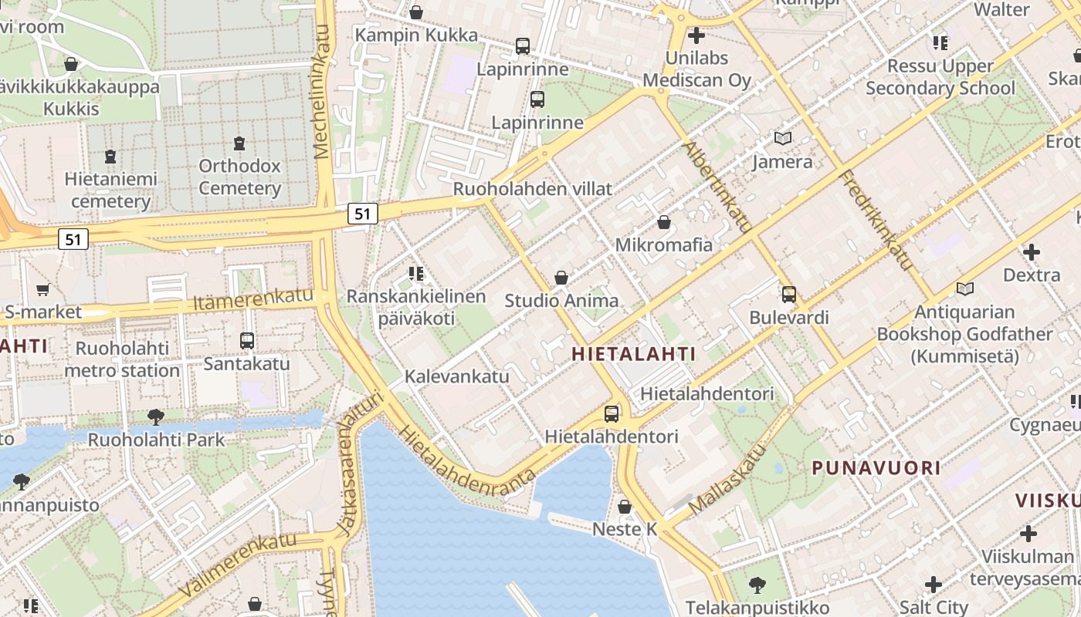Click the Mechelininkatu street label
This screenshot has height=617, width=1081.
tap(322, 93)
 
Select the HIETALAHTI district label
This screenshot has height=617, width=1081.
tap(634, 354)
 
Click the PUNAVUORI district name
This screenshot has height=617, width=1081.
tap(876, 467)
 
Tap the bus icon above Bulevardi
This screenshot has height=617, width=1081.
tap(788, 295)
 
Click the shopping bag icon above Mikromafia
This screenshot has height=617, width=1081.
tap(663, 223)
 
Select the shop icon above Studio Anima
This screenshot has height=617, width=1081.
tap(561, 278)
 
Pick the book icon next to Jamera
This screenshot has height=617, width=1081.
tap(783, 139)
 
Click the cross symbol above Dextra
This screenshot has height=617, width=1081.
tap(1032, 252)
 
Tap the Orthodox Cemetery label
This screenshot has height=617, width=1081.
tap(239, 177)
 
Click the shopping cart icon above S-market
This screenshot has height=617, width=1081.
tap(42, 290)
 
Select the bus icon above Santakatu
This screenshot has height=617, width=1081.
tap(247, 340)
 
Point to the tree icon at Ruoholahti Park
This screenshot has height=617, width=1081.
tap(156, 417)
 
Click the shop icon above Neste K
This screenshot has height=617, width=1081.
tap(625, 507)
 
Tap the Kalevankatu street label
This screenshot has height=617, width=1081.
tap(457, 376)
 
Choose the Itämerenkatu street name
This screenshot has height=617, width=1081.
tap(254, 299)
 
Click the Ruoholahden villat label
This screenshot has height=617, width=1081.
tap(532, 189)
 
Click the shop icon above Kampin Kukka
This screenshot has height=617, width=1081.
tap(416, 12)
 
